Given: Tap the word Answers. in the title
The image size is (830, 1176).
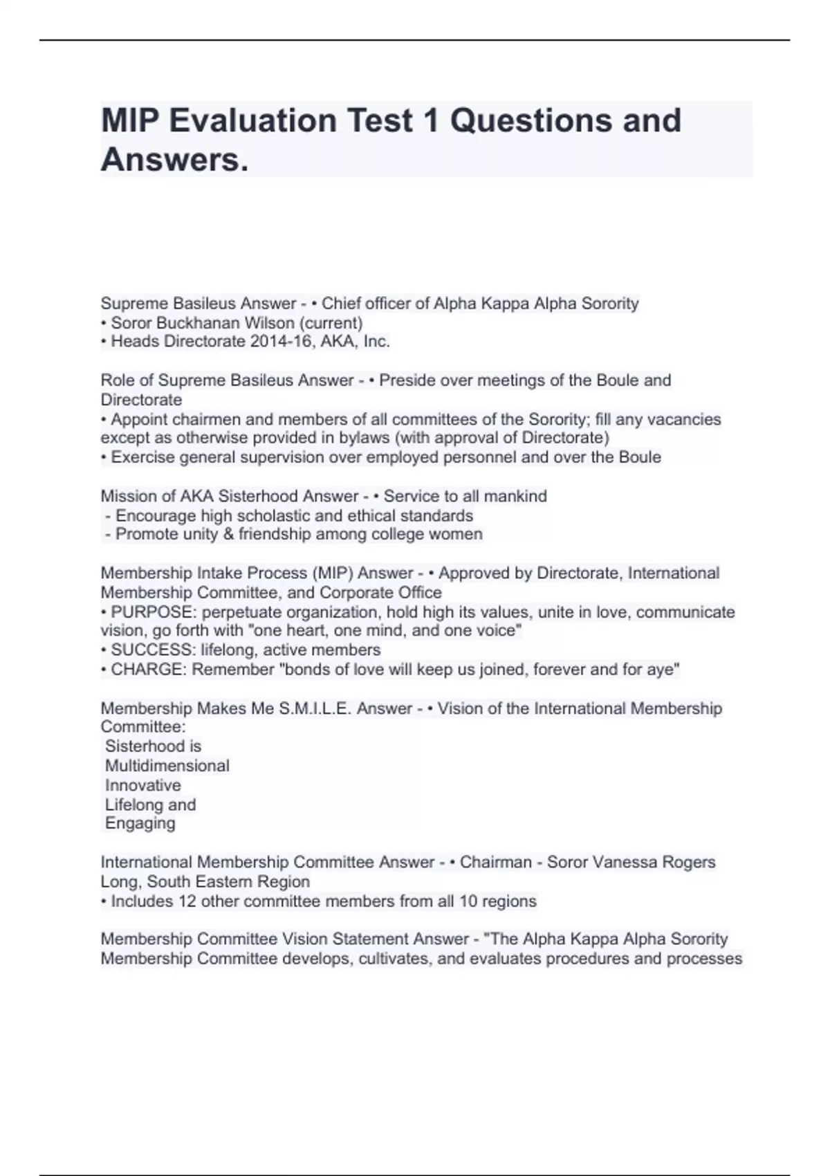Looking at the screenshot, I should click(x=174, y=160).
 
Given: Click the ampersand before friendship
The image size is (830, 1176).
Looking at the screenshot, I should click(x=230, y=534).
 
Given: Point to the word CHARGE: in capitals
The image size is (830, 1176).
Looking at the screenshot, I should click(x=149, y=670).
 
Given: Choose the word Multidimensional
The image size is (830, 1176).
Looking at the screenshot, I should click(x=167, y=766).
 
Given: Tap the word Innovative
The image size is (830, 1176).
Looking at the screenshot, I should click(x=142, y=785).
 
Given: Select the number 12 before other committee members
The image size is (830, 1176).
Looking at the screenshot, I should click(x=172, y=901).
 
